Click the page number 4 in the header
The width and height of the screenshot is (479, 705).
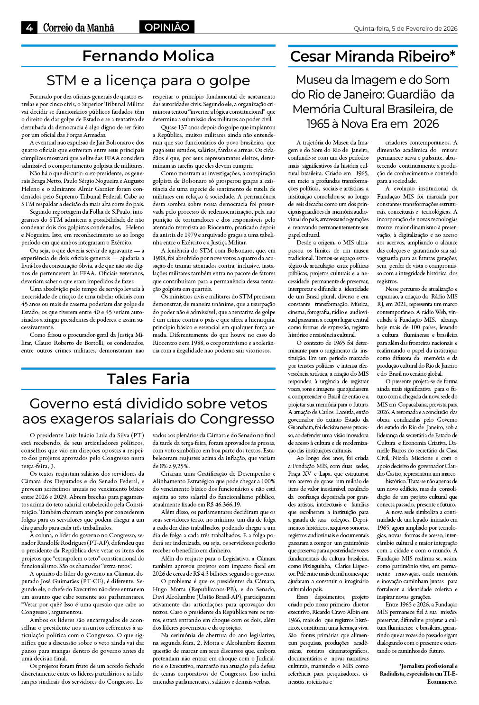(29, 27)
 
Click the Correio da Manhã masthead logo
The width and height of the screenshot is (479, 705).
(78, 27)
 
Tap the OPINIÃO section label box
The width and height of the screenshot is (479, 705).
(166, 27)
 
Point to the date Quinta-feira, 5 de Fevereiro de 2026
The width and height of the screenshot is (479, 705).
(405, 28)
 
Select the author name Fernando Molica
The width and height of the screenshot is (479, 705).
(148, 56)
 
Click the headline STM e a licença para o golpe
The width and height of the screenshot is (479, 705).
(148, 80)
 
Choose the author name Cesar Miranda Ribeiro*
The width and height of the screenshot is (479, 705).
(373, 56)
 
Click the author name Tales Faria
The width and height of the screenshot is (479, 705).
(148, 379)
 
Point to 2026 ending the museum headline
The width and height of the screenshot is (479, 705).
(425, 124)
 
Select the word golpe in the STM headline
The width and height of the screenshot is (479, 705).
(229, 81)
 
